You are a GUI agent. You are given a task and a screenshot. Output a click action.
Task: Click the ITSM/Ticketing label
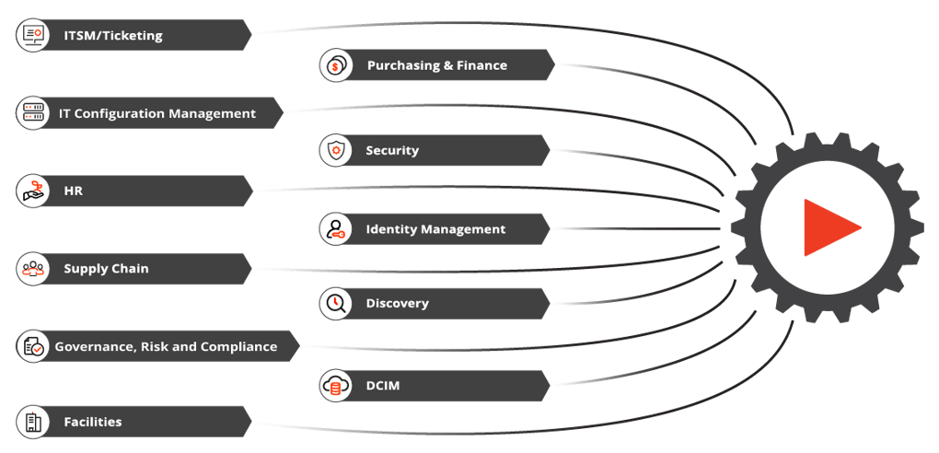112,36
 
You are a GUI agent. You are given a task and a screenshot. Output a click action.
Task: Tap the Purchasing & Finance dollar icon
336,65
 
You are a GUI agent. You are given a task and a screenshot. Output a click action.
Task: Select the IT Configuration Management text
156,113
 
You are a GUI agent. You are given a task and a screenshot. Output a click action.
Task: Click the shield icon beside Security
336,150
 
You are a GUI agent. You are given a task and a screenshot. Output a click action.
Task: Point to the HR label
74,192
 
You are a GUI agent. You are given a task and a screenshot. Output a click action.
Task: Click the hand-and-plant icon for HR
33,192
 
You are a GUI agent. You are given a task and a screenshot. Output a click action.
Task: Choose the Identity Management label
435,229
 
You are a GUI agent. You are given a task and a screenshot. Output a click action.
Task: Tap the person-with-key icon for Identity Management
336,229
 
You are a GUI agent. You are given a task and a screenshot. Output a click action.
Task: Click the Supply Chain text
106,269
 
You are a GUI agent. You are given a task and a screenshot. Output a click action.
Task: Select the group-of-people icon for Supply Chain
33,269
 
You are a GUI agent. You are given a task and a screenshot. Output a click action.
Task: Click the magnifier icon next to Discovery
336,303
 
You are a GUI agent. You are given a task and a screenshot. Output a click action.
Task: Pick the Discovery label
397,303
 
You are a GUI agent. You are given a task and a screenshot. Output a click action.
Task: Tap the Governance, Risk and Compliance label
166,347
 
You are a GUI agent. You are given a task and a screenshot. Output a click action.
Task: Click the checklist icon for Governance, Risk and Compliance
33,347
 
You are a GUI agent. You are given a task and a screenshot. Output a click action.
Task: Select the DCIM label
383,386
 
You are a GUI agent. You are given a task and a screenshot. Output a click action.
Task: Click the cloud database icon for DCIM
336,386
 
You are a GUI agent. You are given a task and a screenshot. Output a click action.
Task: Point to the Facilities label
92,422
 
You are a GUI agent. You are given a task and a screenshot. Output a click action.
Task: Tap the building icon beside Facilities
33,422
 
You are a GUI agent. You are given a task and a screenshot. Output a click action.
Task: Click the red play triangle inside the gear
827,227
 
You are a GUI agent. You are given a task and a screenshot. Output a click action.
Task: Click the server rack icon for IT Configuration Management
33,113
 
